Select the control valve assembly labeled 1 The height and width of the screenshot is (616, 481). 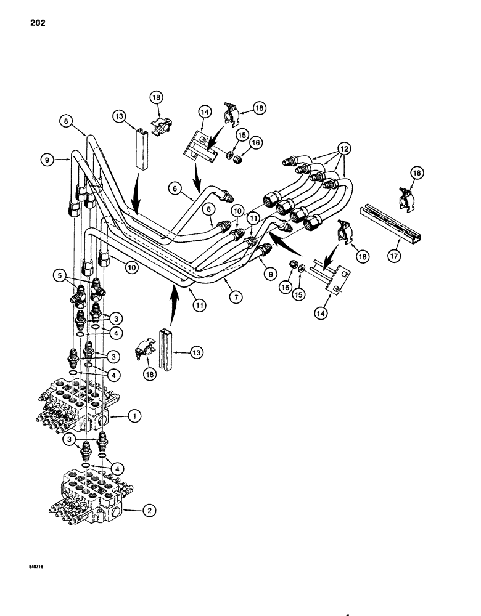tap(77, 407)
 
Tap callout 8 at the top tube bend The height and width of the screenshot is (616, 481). tap(66, 122)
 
